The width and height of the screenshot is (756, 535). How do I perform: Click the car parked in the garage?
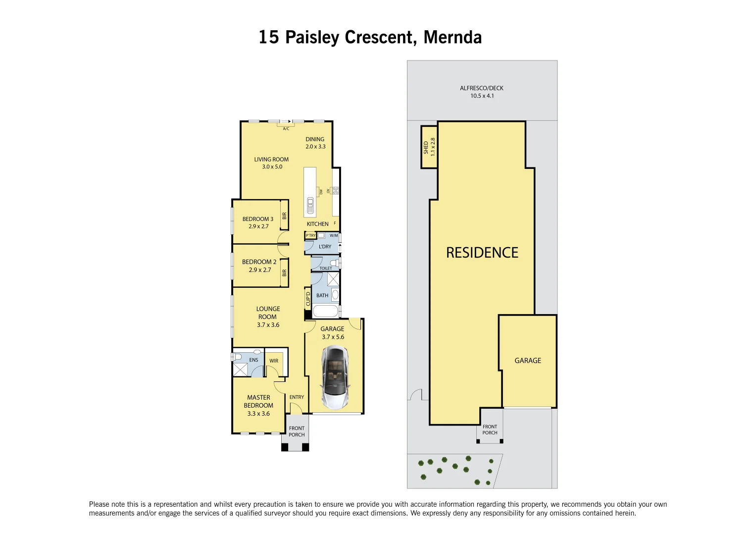pos(335,377)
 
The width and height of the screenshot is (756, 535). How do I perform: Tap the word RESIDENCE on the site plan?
pos(482,253)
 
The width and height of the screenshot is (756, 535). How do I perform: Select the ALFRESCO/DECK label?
pos(481,88)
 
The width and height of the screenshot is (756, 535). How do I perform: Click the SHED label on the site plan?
pos(426,148)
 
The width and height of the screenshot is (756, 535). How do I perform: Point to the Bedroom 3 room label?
pos(257,219)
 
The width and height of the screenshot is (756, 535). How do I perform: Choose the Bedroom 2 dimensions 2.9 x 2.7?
pos(260,270)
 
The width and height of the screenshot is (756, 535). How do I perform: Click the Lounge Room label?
pos(268,313)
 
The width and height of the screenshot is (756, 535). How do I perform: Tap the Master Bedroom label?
pos(258,401)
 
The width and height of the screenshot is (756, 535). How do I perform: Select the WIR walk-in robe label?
pos(274,361)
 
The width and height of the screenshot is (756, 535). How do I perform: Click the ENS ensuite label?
pos(253,360)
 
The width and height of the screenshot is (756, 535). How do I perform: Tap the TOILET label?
pos(326,268)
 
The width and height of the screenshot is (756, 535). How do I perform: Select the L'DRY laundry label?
pos(325,247)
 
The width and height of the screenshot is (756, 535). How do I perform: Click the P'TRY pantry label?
pos(310,236)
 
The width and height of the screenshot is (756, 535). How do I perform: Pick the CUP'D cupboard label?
pos(308,299)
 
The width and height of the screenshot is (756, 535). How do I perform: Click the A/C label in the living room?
pos(286,129)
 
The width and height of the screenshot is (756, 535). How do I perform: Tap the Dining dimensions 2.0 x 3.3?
pos(315,147)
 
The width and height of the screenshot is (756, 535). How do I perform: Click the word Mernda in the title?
pos(453,37)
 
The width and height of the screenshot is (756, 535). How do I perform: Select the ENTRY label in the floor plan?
pos(297,397)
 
